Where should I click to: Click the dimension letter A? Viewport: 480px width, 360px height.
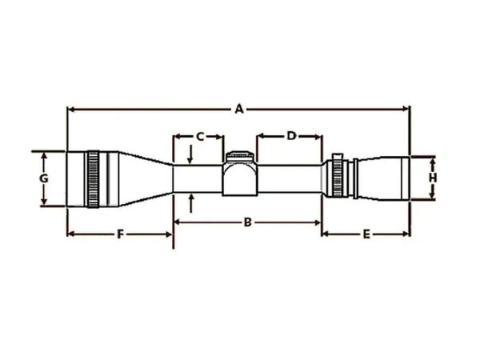238,109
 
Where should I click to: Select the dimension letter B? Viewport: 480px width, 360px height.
248,222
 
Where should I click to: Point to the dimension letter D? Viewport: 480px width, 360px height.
291,136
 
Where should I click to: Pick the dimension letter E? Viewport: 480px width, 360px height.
366,234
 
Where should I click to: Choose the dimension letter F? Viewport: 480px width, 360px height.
120,234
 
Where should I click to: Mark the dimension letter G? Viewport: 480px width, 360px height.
44,177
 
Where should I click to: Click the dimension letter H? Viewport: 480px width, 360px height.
432,177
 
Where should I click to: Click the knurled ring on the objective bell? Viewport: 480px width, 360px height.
94,178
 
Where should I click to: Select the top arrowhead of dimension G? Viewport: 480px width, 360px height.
44,154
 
